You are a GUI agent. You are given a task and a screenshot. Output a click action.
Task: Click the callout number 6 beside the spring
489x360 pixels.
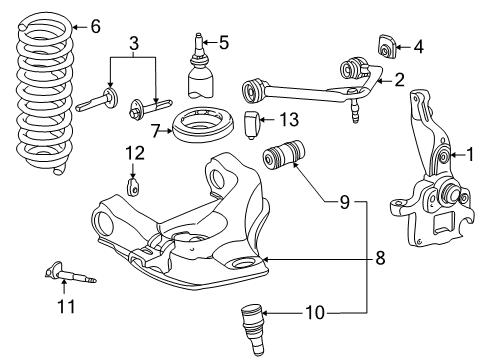pos(96,26)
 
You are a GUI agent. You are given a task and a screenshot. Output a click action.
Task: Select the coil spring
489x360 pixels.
pos(44,93)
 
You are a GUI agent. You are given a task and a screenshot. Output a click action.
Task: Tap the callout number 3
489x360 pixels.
pos(133,43)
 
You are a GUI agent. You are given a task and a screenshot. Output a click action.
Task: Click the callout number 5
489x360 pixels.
pos(223,43)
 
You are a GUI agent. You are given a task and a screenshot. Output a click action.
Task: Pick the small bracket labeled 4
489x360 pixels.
pos(387,46)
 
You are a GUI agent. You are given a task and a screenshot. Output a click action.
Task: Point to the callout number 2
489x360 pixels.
pos(399,80)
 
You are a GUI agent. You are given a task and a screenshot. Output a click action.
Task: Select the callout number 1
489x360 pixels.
pos(470,155)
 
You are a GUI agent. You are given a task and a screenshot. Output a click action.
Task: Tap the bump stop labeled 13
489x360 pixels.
pos(252,125)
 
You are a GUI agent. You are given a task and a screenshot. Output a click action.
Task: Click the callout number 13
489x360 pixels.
pos(289,119)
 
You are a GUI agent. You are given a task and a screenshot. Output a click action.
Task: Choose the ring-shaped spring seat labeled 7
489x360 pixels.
pos(203,125)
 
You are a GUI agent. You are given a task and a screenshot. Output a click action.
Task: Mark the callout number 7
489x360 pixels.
pos(156,131)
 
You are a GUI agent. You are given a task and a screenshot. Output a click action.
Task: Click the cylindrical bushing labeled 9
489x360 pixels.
pos(284,155)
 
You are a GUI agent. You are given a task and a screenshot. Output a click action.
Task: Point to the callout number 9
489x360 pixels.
pos(345,202)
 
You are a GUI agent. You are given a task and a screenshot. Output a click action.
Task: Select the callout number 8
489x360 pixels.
pos(380,258)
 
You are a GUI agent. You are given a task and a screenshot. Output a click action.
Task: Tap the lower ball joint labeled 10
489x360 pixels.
pos(252,330)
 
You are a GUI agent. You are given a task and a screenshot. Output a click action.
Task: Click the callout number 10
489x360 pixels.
pos(314,313)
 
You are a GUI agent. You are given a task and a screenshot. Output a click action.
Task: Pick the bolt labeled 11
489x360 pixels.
pos(70,273)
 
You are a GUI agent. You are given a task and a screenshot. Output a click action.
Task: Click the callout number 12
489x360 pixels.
pos(135,153)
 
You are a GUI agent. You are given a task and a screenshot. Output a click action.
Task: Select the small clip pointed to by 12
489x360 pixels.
pos(133,187)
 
